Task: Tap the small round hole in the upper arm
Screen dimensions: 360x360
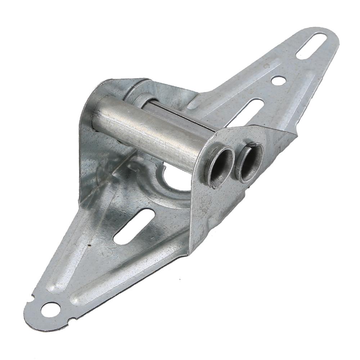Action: point(278,80)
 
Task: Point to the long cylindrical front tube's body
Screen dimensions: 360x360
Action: point(151,130)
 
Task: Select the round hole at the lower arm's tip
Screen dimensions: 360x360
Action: point(50,309)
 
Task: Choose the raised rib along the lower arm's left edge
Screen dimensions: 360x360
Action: point(65,252)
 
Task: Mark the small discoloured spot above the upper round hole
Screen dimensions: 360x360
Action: point(267,66)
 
